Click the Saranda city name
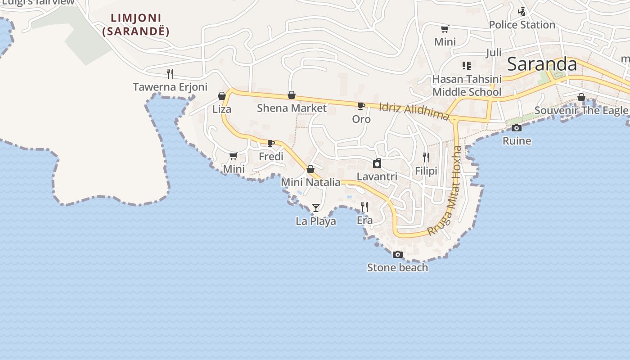tap(542, 64)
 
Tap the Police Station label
tap(522, 25)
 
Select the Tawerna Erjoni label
tap(170, 87)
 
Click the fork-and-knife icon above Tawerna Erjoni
tap(170, 73)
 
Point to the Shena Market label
tap(292, 108)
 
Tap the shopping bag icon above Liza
tap(221, 96)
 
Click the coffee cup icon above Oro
tap(361, 106)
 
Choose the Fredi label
tap(271, 157)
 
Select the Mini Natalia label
tap(310, 182)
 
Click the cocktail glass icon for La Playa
tap(316, 208)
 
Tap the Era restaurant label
tap(364, 220)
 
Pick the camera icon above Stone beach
tap(397, 255)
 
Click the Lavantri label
tap(377, 176)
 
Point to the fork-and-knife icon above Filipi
tap(426, 157)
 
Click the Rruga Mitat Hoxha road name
tap(445, 191)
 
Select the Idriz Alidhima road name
tap(414, 112)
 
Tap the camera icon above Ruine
tap(517, 128)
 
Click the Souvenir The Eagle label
tap(581, 110)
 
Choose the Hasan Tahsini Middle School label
tap(467, 85)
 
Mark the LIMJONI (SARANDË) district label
tap(136, 25)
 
